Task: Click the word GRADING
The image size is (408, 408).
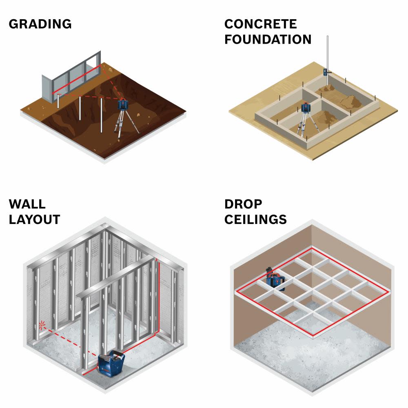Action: point(40,24)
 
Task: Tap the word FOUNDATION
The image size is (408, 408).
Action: point(268,39)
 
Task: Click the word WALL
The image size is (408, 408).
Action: point(27,204)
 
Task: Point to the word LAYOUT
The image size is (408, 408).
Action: point(34,219)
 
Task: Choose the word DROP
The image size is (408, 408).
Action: point(243,204)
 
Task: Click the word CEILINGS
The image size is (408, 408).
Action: point(255,219)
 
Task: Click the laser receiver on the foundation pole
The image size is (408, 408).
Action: point(326,72)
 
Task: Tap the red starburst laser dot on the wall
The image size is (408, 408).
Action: point(42,325)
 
